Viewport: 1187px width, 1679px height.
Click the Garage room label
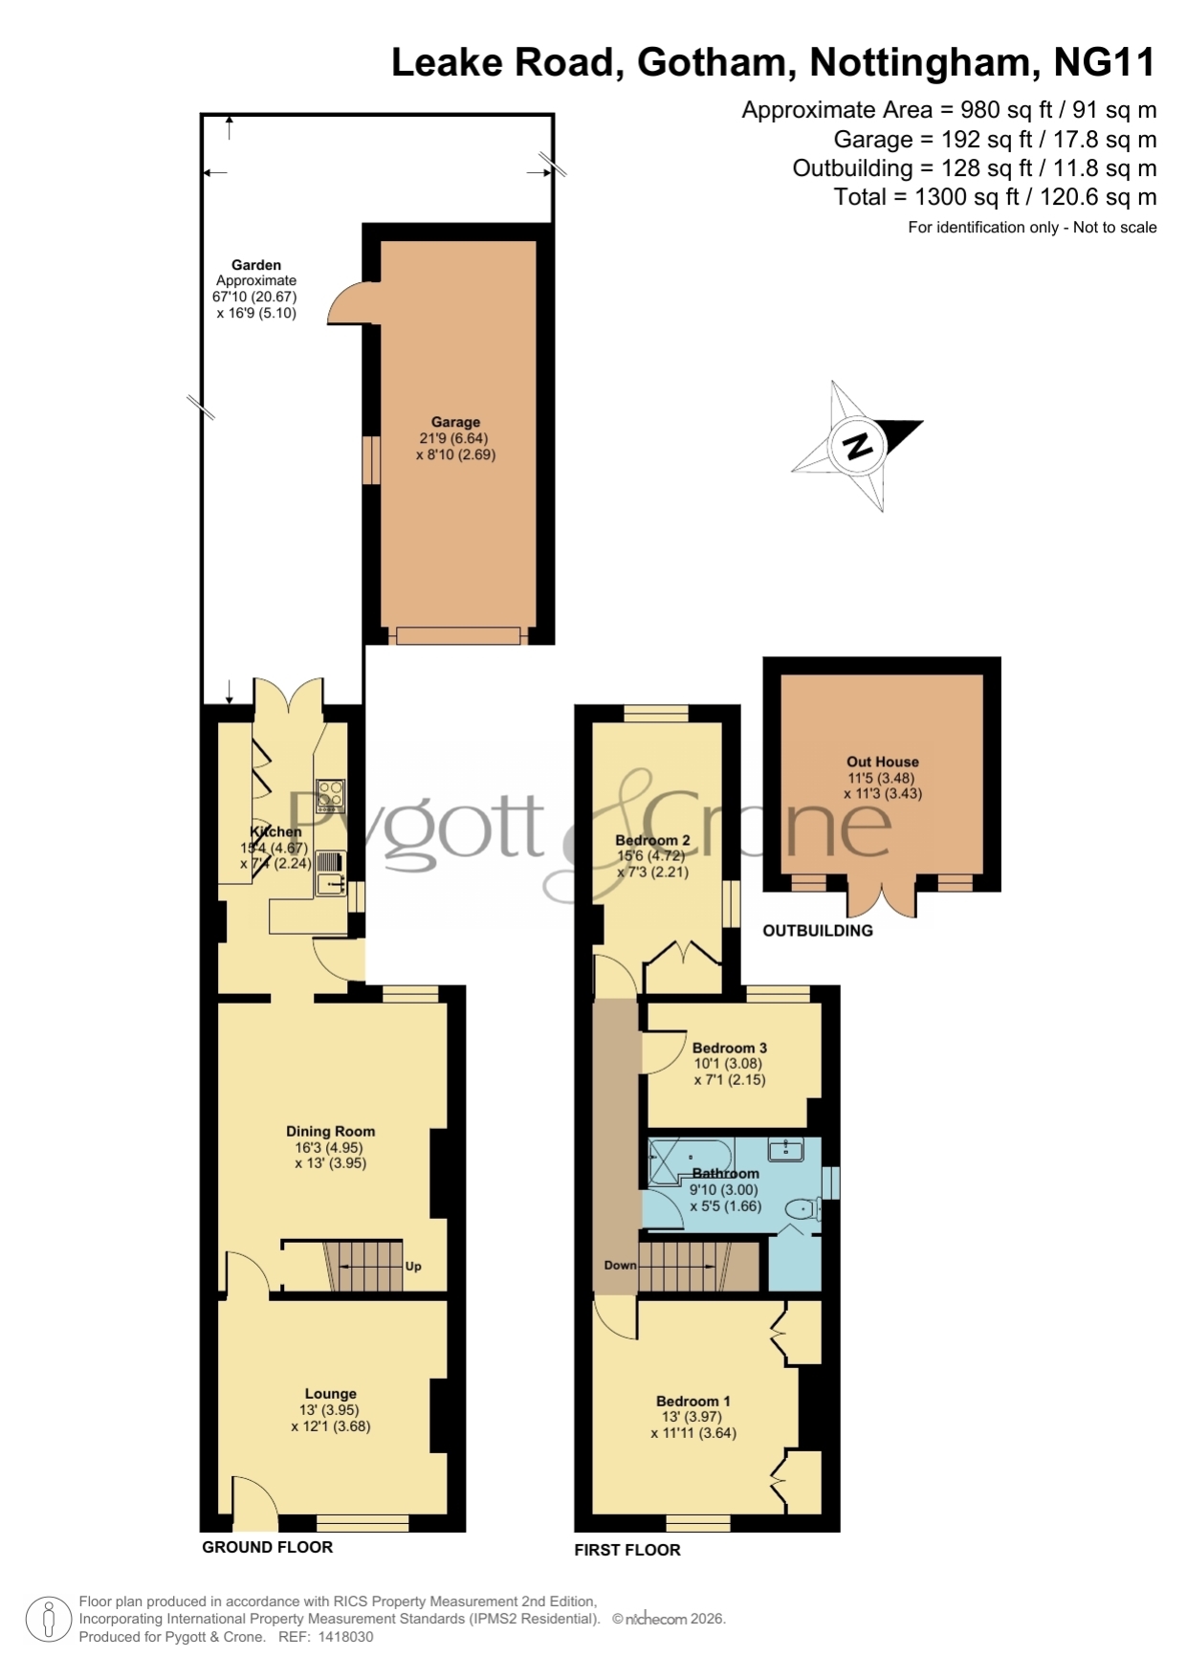point(455,422)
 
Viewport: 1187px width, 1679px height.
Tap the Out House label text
point(882,762)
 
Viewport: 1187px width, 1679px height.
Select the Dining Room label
point(330,1131)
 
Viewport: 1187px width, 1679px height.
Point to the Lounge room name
point(330,1394)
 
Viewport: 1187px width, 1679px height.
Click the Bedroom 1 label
point(693,1401)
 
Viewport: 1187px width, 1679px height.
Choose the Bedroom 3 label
point(730,1048)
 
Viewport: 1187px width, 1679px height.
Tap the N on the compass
point(858,446)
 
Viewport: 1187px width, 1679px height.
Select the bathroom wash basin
point(786,1149)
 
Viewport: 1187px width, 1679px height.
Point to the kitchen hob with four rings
point(331,796)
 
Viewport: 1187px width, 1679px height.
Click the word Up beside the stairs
point(413,1266)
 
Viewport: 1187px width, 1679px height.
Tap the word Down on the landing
point(620,1265)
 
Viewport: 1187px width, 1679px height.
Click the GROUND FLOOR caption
point(267,1547)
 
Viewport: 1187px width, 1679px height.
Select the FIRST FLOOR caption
point(627,1550)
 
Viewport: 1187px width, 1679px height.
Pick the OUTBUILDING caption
point(818,930)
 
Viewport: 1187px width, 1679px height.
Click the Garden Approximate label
point(256,273)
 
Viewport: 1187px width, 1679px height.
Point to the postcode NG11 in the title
point(1105,63)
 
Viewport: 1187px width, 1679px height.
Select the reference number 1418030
point(345,1637)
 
